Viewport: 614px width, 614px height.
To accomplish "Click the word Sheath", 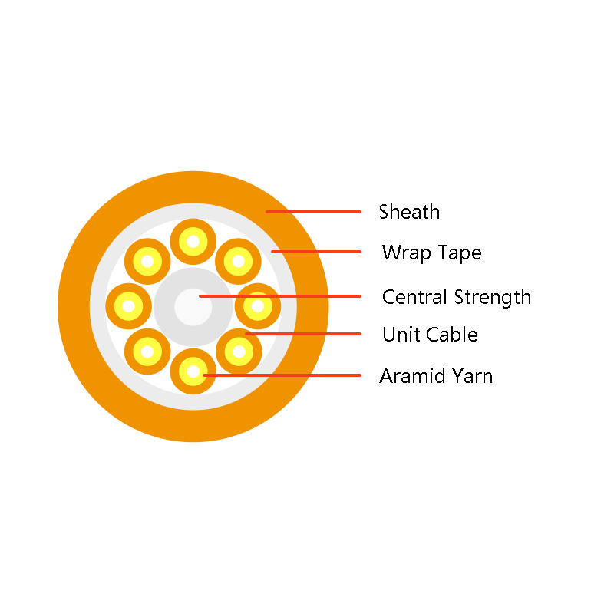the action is pos(409,212).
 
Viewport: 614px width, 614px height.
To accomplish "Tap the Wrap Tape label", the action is pos(431,253).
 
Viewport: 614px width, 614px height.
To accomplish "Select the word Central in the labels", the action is pos(414,297).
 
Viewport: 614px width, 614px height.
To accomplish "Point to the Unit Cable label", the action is pos(430,335).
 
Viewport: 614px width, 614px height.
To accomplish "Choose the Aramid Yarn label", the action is pos(436,376).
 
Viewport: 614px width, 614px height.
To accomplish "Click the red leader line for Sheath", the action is pos(313,212).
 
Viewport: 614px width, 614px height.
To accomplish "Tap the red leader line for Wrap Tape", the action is pos(316,252).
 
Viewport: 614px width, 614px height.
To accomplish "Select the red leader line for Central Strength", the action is pos(280,296).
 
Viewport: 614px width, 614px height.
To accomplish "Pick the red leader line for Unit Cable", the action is pos(303,334).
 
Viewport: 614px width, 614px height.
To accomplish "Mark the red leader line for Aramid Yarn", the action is pos(282,375).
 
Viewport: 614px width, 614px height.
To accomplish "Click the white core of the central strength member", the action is pos(193,307).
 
